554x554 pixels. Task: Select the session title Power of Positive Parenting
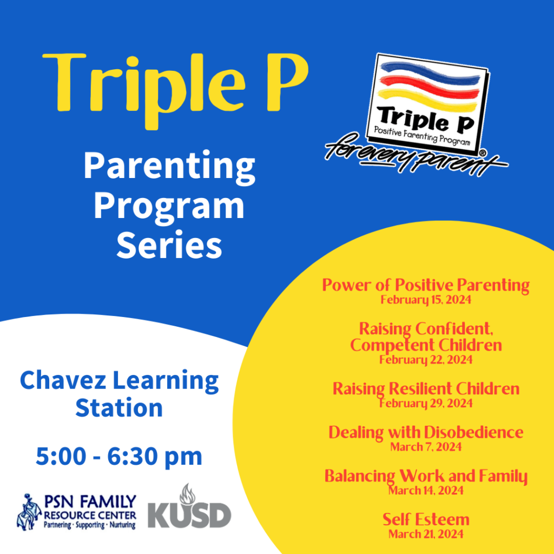coord(425,285)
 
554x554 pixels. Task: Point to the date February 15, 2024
coord(425,300)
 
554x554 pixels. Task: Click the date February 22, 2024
coord(425,359)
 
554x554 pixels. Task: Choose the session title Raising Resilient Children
coord(425,388)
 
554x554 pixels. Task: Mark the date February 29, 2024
coord(425,403)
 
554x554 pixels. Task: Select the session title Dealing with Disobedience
coord(425,432)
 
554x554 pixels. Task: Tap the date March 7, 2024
coord(425,447)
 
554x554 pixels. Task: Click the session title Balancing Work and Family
coord(425,476)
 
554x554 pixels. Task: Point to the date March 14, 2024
coord(425,491)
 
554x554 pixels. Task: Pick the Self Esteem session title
coord(425,520)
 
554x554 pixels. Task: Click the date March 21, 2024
coord(425,535)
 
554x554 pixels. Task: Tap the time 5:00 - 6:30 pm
coord(119,457)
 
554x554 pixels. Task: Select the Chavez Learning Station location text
coord(119,393)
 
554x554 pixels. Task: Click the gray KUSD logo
coord(189,515)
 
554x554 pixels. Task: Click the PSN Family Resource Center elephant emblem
coord(29,512)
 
